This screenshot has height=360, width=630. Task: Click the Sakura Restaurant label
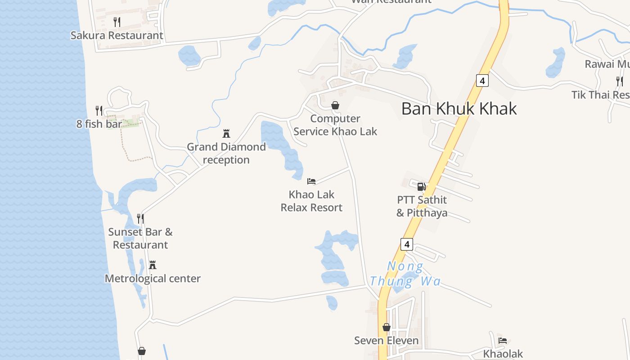[x=117, y=35]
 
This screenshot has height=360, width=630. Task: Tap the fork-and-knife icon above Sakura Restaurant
[x=117, y=22]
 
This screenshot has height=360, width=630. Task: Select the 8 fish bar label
[x=99, y=124]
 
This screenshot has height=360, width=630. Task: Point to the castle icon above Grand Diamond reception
[x=226, y=134]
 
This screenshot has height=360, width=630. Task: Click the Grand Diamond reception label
[x=226, y=153]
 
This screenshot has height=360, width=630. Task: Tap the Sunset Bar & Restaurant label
[x=140, y=238]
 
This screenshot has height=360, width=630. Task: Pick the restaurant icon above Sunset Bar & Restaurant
[x=140, y=219]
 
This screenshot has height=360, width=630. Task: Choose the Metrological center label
[x=153, y=279]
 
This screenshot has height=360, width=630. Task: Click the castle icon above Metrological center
[x=153, y=265]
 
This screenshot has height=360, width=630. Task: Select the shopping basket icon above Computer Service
[x=335, y=105]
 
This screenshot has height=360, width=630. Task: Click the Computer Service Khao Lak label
[x=335, y=125]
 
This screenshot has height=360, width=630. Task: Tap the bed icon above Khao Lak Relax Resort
[x=311, y=181]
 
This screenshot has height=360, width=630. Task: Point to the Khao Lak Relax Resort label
[x=312, y=201]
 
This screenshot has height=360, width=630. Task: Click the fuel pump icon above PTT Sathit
[x=422, y=186]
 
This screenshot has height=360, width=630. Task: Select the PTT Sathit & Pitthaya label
[x=422, y=206]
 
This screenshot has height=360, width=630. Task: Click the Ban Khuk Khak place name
[x=459, y=109]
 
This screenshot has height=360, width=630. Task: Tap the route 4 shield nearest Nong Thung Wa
[x=407, y=244]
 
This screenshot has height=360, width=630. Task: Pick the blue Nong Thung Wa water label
[x=405, y=274]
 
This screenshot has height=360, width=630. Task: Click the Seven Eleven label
[x=387, y=341]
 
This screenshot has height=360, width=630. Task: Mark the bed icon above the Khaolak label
[x=503, y=341]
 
